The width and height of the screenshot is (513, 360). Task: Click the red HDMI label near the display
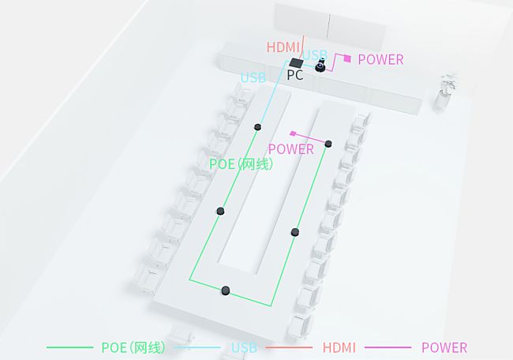[283, 47]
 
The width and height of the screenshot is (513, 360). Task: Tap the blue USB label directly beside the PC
[316, 56]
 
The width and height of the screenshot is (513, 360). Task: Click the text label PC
[294, 76]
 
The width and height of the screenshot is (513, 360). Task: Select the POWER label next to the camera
[380, 59]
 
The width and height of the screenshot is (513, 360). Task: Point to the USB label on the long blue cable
[253, 77]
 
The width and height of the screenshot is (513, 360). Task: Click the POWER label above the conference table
[290, 148]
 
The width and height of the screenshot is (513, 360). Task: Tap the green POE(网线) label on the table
[241, 164]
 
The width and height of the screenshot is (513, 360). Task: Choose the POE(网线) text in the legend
[133, 347]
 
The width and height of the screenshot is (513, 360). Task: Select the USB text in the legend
[244, 347]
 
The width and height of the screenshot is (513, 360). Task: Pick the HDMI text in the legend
[339, 347]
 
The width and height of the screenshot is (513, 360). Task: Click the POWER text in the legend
[444, 347]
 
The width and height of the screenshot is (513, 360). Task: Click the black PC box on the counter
[296, 63]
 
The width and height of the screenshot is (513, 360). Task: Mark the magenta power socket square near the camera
[346, 58]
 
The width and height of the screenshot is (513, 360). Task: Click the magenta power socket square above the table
[293, 133]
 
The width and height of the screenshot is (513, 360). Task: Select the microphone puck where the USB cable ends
[257, 126]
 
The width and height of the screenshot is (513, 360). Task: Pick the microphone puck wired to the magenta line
[328, 144]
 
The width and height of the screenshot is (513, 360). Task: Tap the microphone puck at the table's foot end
[226, 291]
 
